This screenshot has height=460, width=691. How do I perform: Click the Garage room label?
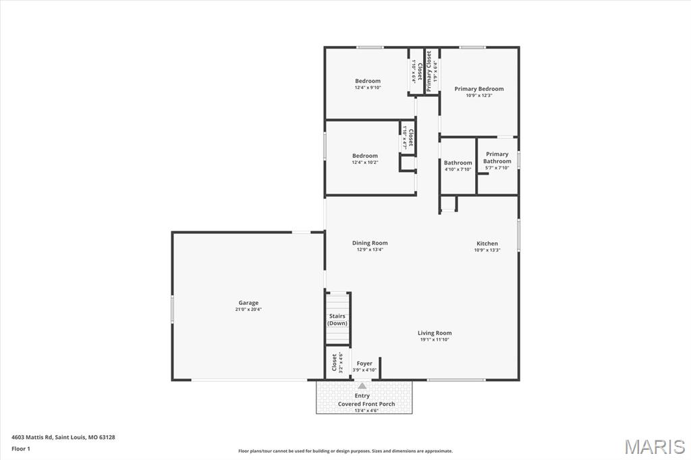coord(248,303)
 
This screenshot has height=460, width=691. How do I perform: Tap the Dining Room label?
coord(370,243)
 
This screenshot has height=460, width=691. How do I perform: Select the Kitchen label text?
coord(487,243)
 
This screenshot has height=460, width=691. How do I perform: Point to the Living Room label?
coord(434,333)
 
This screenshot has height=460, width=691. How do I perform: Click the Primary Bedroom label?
coord(478,89)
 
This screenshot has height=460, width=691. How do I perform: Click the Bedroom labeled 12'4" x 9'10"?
coord(368,81)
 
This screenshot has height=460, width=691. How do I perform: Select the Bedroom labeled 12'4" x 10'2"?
coord(365,156)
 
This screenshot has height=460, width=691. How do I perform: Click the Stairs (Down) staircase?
coord(337,319)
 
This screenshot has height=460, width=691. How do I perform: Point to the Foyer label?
coord(364,364)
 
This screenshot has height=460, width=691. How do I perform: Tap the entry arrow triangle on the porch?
coord(362,386)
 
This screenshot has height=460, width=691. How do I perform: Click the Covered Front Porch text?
coord(366,404)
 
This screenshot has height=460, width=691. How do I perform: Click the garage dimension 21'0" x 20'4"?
coord(248,310)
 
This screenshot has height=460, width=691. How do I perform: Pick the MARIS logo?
coord(654,447)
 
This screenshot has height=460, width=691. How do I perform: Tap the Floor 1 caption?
coord(20,449)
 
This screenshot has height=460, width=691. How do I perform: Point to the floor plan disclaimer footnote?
coord(345,451)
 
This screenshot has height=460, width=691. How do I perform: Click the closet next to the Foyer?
coord(335,363)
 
